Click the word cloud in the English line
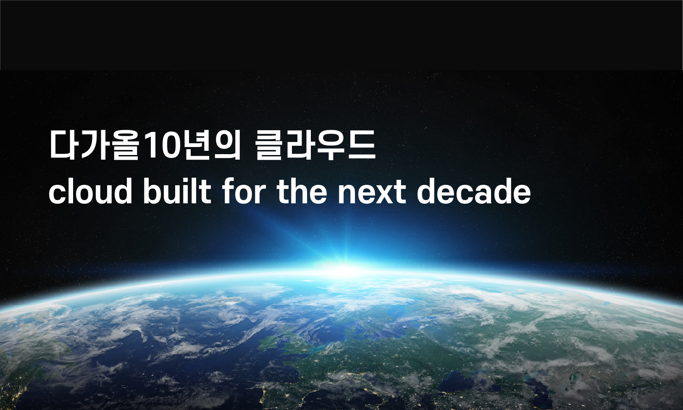[90, 191]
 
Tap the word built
[177, 191]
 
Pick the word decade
[474, 191]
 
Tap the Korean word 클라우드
[315, 145]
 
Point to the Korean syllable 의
[227, 145]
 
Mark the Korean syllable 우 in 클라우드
[331, 145]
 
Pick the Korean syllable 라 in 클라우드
[300, 145]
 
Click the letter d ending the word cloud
[122, 191]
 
